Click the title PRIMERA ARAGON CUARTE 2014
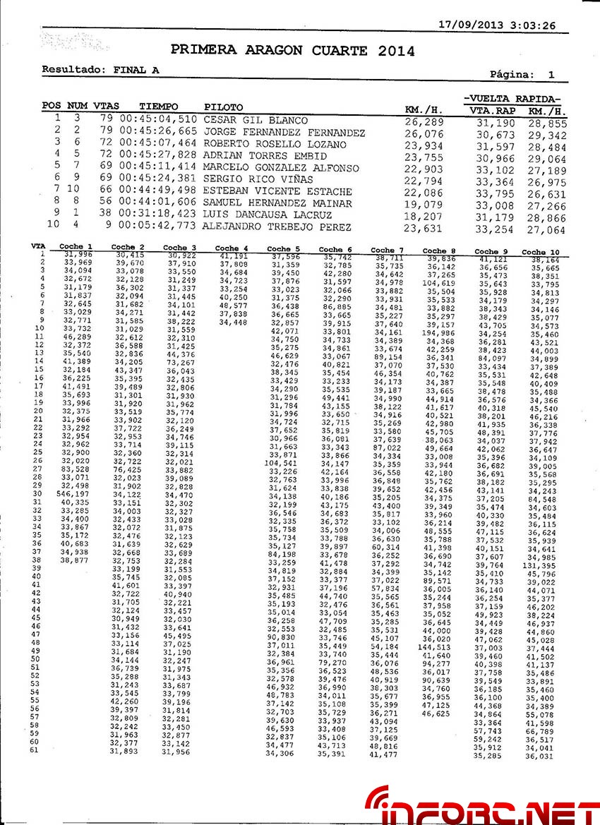click(292, 51)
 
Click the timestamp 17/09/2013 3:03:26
click(497, 25)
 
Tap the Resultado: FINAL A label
click(100, 70)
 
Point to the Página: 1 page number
click(522, 74)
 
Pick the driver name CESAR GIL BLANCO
click(256, 120)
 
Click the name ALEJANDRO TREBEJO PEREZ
click(276, 227)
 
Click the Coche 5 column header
click(283, 248)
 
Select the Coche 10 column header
click(540, 251)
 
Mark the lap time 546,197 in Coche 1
click(73, 494)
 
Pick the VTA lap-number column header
click(38, 246)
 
